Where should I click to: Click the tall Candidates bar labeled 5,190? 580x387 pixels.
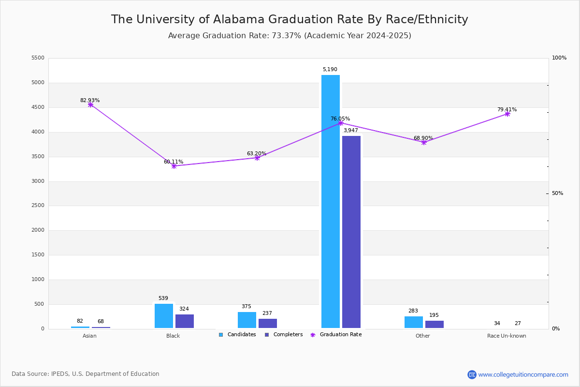click(x=331, y=201)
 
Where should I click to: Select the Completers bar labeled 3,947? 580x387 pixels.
click(x=351, y=232)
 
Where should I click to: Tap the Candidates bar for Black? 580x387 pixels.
click(x=164, y=316)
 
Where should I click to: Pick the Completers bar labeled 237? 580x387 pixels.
click(x=268, y=323)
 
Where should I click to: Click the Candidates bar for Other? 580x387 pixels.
click(x=414, y=322)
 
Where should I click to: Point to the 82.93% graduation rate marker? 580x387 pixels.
click(x=90, y=105)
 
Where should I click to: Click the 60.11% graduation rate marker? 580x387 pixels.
click(x=174, y=166)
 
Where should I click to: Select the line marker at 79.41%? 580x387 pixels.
click(x=507, y=114)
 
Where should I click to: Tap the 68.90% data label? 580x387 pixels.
click(x=423, y=138)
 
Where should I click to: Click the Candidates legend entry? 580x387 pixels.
click(x=237, y=335)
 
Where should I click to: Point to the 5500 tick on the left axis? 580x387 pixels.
click(x=38, y=58)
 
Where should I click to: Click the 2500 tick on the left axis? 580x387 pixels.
click(x=38, y=206)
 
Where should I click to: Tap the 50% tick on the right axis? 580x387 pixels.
click(x=557, y=193)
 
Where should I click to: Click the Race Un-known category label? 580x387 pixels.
click(x=507, y=336)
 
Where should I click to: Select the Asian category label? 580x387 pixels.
click(x=89, y=336)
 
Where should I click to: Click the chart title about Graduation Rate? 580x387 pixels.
click(x=290, y=19)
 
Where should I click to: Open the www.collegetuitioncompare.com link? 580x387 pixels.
click(x=523, y=374)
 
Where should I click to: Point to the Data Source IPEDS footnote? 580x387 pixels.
click(x=86, y=374)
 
